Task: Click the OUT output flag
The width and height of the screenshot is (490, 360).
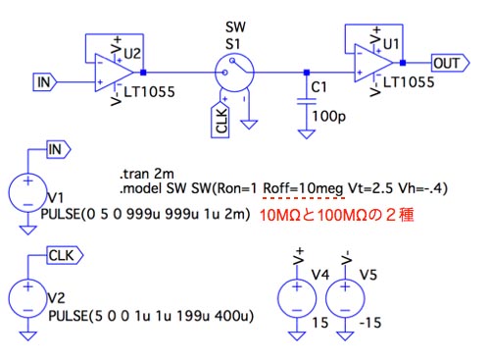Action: [451, 63]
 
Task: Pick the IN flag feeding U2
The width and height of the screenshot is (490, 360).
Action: [45, 82]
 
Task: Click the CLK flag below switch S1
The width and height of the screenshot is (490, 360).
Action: [220, 120]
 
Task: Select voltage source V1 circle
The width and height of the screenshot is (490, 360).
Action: [27, 192]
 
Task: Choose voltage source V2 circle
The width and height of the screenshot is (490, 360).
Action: [27, 298]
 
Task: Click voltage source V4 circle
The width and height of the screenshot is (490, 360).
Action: [297, 298]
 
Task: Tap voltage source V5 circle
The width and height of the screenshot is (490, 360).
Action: [345, 298]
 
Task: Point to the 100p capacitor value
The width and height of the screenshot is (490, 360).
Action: [329, 117]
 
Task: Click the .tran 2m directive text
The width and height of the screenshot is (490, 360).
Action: [147, 174]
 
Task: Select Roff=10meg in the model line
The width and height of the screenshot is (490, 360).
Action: [303, 188]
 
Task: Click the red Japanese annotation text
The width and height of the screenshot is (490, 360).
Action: [337, 215]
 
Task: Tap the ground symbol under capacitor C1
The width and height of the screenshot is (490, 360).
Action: [307, 134]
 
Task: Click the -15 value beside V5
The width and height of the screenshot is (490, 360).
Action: [370, 323]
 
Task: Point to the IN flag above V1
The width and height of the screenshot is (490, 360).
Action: [59, 150]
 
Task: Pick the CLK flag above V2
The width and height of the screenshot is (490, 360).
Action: [66, 255]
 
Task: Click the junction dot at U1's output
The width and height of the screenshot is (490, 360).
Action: [403, 63]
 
